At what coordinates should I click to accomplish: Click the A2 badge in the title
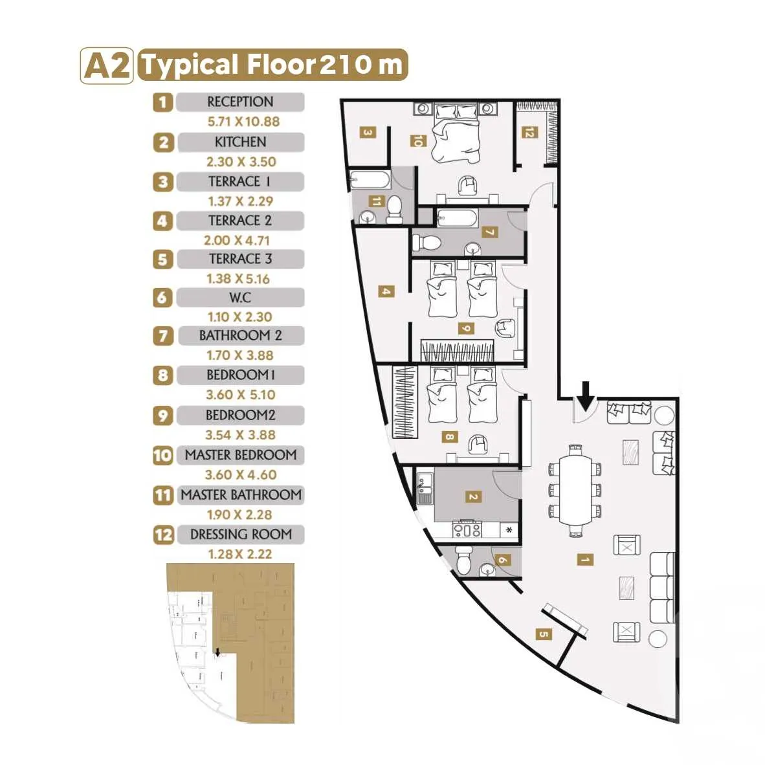[x=106, y=65]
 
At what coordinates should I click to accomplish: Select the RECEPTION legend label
[x=240, y=102]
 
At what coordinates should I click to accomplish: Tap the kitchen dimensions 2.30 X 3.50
[x=241, y=162]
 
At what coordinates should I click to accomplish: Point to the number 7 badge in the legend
[x=163, y=336]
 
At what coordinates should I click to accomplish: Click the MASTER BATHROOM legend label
[x=241, y=494]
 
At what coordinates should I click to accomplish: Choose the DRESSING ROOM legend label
[x=241, y=535]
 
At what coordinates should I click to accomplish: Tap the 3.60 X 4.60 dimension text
[x=241, y=474]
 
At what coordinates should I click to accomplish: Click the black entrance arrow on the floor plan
[x=586, y=395]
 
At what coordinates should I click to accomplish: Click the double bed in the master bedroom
[x=456, y=133]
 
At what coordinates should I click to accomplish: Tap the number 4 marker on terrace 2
[x=386, y=292]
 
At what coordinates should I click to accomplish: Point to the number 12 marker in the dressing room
[x=529, y=132]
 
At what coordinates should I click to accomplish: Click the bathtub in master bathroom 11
[x=370, y=181]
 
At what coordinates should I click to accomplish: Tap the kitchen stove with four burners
[x=467, y=529]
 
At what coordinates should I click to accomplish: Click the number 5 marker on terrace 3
[x=544, y=634]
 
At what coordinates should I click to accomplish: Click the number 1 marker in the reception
[x=584, y=559]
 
